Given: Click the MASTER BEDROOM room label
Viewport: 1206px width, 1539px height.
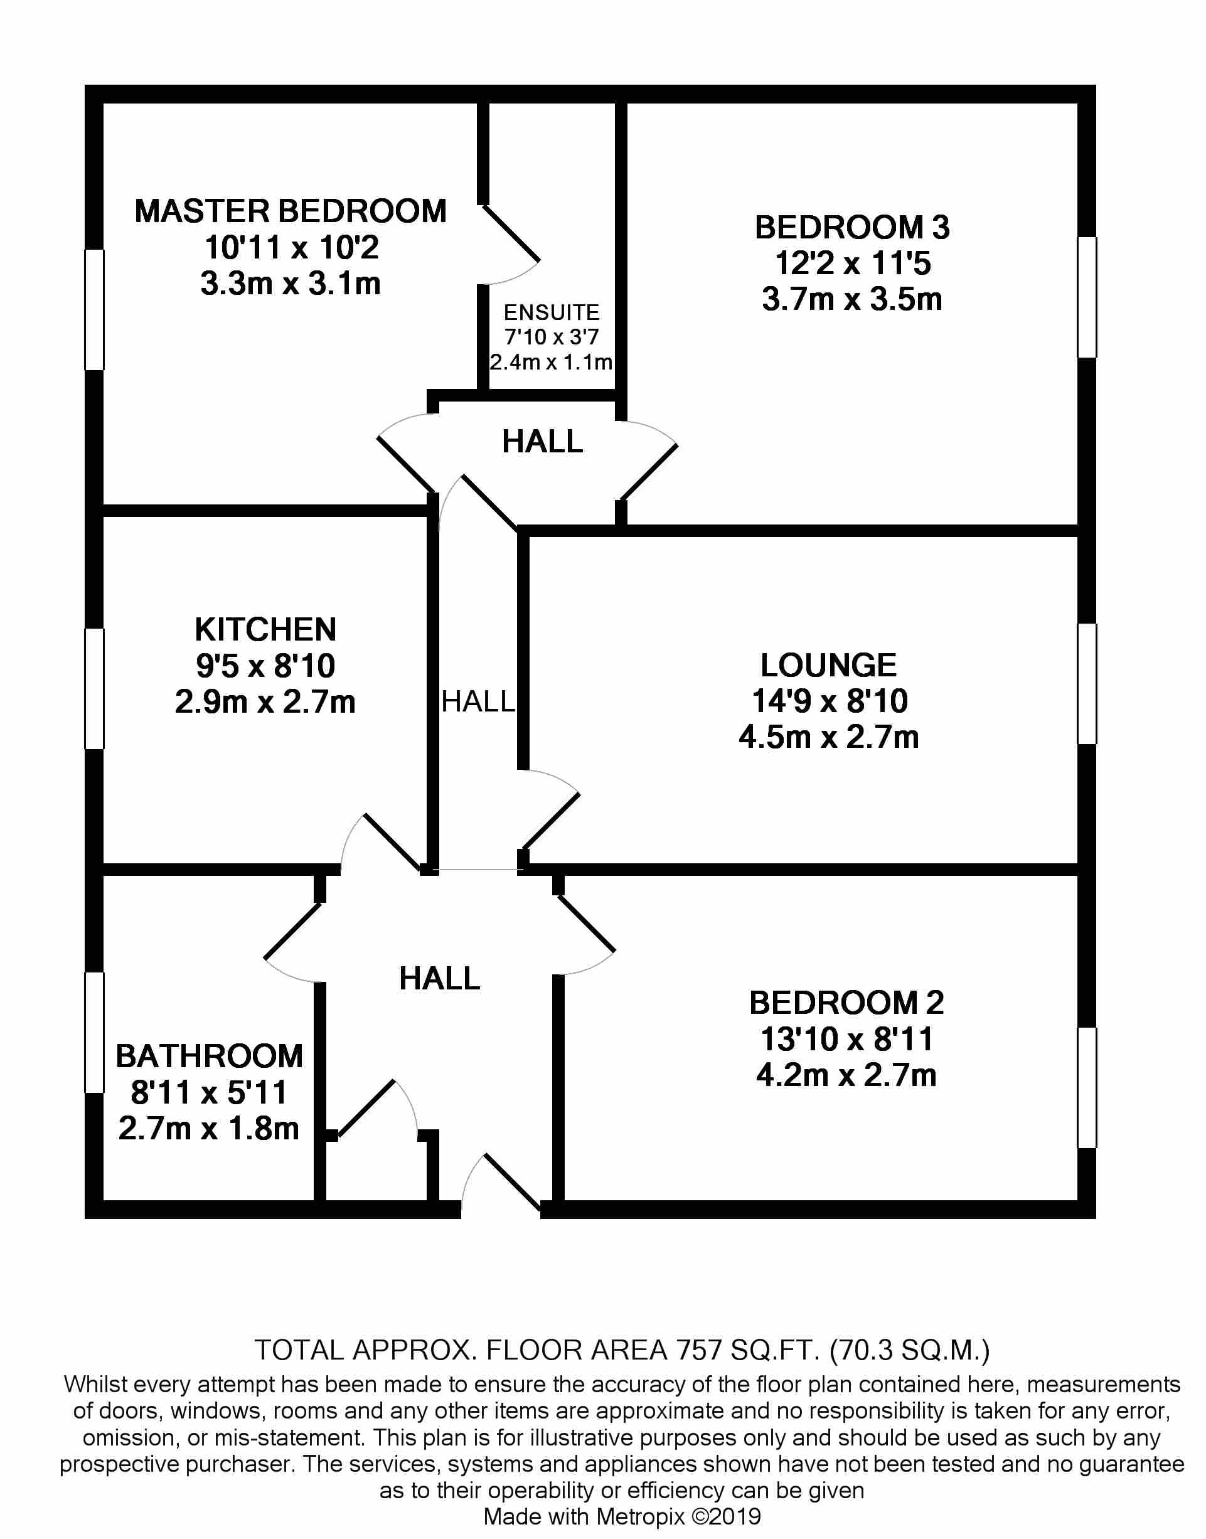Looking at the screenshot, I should pos(290,211).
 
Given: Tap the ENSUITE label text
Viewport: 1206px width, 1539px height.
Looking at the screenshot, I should pos(551,312).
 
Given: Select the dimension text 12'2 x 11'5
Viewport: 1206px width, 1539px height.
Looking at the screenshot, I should pos(852,264).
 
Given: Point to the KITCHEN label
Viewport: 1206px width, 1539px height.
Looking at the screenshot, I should pos(265,629).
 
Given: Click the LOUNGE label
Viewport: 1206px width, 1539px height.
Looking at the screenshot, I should pos(828,665).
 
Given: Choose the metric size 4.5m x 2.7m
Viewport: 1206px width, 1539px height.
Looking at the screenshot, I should pos(828,737).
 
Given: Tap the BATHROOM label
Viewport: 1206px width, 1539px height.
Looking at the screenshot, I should pos(209,1056).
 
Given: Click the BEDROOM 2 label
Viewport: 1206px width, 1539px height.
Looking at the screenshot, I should pos(846,1003).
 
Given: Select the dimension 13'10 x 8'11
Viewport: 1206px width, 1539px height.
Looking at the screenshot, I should pos(846,1038).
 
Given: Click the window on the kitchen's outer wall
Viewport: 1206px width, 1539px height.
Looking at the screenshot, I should pos(95,688).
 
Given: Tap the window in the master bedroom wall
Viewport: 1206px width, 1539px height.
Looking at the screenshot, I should pos(95,309).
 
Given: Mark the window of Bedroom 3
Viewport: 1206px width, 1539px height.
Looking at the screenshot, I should pos(1087,297).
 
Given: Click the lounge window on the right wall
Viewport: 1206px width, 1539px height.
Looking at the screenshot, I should pos(1087,683).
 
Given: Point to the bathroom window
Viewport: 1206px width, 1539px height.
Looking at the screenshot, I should pos(95,1033).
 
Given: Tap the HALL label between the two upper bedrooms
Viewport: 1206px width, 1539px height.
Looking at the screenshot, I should pos(542,442).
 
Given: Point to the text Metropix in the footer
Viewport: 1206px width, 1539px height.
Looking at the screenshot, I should pos(641,1516).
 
